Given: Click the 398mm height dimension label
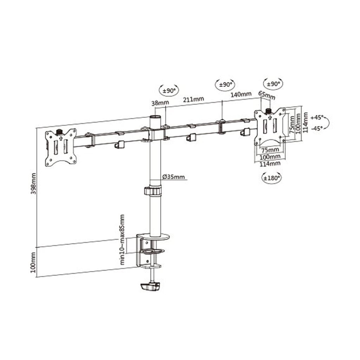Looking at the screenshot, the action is pos(33,184).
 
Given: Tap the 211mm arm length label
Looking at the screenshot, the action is pos(193,99).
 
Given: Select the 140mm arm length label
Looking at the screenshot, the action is pos(241,94).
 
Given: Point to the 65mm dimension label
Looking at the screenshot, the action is pos(266,95).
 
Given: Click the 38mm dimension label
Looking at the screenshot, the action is pos(160,103).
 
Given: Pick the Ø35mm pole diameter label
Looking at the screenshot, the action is pos(173,177).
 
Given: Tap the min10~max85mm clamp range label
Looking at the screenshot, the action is pos(122,239).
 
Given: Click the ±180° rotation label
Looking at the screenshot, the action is pos(272,178).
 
